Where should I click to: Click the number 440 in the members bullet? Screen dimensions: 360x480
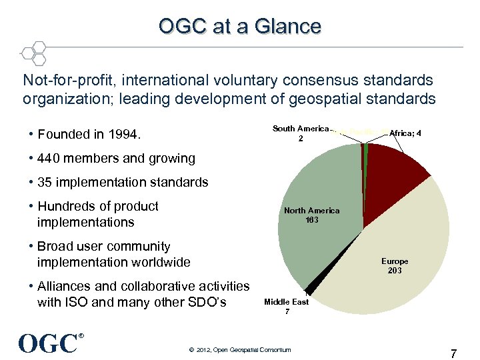tap(49, 158)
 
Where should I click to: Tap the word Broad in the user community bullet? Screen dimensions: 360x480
tap(56, 246)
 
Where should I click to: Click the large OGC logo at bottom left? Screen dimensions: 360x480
tap(48, 343)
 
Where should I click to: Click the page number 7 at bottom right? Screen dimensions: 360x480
tap(454, 353)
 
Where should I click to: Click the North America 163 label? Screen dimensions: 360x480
tap(311, 215)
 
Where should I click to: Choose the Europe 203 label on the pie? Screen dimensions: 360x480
tap(395, 265)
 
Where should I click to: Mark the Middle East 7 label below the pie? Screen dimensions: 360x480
tap(286, 307)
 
